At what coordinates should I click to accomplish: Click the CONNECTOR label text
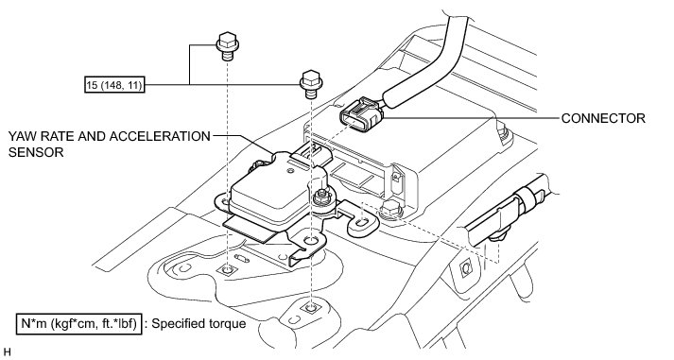603,118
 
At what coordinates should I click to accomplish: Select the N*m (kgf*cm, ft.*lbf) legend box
78,324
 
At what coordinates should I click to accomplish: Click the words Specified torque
199,323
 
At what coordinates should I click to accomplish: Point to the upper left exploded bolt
227,46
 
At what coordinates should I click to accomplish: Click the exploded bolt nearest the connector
311,84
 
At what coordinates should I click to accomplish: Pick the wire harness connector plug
361,113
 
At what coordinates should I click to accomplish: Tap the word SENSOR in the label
36,152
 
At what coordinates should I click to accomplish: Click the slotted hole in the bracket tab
362,223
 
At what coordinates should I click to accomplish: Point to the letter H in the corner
7,351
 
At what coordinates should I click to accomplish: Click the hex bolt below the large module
390,209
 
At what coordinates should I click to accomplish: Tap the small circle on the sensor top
290,172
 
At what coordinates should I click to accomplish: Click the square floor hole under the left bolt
227,270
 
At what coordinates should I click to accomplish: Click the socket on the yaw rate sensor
311,154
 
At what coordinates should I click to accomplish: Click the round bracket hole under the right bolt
311,240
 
